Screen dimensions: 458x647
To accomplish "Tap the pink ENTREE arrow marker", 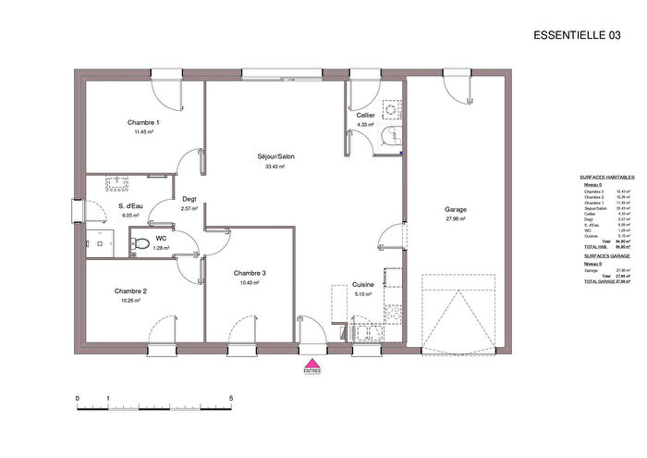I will click(x=312, y=365).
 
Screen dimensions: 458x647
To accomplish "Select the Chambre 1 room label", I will click(x=143, y=123).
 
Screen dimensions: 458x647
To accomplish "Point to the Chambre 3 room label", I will click(x=250, y=273).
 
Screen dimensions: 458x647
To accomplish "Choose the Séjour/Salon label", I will click(x=275, y=156).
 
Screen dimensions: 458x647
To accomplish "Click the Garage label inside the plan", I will click(x=455, y=210).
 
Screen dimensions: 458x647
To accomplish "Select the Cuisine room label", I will click(x=362, y=285).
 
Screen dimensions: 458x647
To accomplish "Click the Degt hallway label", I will click(x=189, y=199).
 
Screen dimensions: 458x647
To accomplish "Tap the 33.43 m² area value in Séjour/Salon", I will click(x=275, y=167).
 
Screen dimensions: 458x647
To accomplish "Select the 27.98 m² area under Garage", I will click(x=455, y=219).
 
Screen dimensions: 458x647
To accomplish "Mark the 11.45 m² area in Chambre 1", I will click(x=143, y=132).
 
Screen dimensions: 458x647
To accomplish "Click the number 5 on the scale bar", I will click(x=231, y=398).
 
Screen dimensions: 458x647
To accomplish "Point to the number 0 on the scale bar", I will click(x=78, y=398).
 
